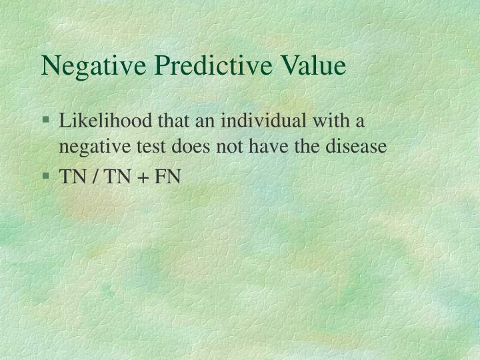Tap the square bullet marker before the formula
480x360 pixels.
click(x=46, y=177)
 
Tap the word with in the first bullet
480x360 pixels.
click(x=337, y=122)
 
